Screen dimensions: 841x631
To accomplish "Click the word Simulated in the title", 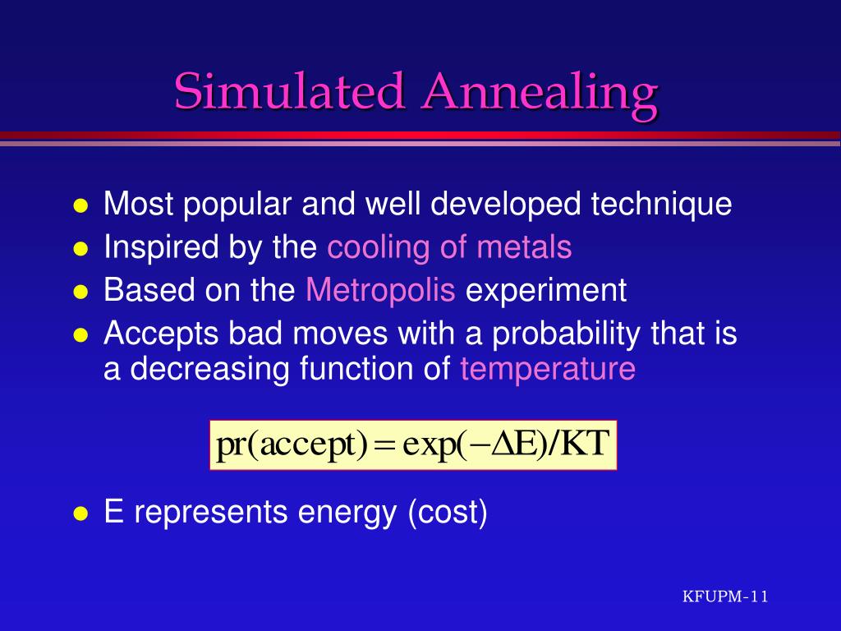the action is coord(288,90).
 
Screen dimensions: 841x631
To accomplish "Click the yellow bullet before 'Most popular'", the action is coord(80,205).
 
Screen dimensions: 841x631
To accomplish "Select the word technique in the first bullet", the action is coord(661,204).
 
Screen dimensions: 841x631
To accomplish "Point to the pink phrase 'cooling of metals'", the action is coord(449,246).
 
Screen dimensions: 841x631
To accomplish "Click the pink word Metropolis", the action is coord(380,290).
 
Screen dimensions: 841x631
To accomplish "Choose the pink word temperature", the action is coord(548,369).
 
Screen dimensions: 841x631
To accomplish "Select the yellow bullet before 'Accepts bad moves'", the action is coord(80,335).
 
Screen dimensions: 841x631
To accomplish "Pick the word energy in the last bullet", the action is coord(347,513).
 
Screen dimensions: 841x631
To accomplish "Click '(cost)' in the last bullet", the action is coord(448,512).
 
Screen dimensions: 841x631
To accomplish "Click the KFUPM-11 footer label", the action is coord(725,596).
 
